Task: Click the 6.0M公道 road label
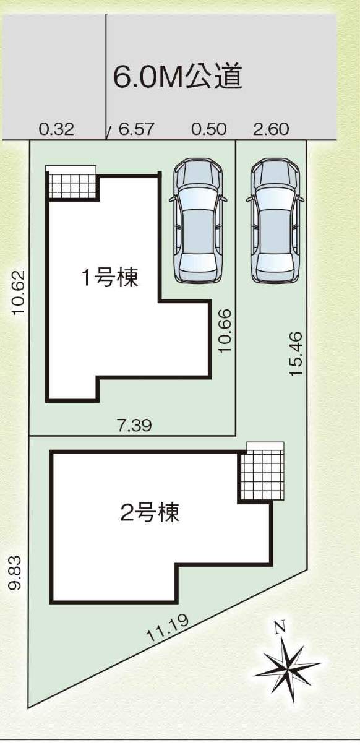[x=178, y=77]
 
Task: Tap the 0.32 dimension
[x=56, y=129]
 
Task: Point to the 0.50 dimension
[x=208, y=129]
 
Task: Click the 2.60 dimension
[x=271, y=129]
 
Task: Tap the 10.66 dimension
[x=225, y=331]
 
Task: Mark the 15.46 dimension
[x=296, y=353]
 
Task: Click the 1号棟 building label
[x=109, y=278]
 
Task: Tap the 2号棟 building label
[x=149, y=512]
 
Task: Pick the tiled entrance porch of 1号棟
[x=73, y=184]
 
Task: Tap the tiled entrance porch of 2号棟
[x=263, y=472]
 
